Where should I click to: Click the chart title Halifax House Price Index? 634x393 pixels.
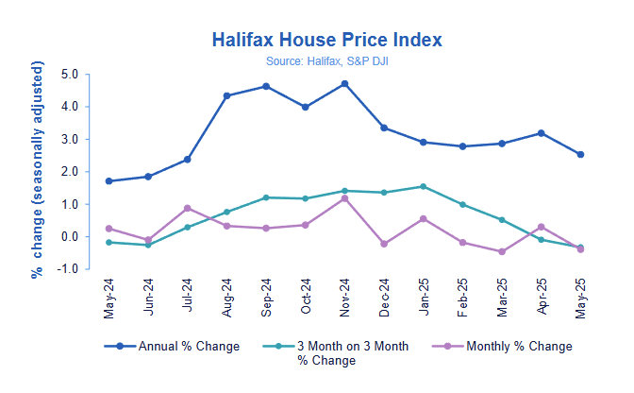(326, 40)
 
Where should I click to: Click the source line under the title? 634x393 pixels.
(326, 61)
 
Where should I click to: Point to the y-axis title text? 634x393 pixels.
(37, 170)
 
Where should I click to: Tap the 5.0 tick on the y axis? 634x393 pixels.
(69, 74)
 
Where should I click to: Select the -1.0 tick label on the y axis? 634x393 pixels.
(66, 269)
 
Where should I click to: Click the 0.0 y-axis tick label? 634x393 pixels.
(69, 237)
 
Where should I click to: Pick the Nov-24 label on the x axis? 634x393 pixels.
(345, 295)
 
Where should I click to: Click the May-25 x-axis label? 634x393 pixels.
(580, 295)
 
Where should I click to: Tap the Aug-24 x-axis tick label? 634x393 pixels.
(227, 295)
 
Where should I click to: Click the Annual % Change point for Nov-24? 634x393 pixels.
(344, 84)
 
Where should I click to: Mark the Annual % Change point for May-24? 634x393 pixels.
(109, 181)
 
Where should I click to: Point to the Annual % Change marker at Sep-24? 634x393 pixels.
(266, 86)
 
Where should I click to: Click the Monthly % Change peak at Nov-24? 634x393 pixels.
(344, 198)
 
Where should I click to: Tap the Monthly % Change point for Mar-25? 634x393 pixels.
(501, 251)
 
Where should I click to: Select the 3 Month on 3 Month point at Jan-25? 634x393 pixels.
(423, 186)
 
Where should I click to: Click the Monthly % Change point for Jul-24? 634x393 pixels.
(188, 208)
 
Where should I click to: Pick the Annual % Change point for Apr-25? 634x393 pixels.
(541, 133)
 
